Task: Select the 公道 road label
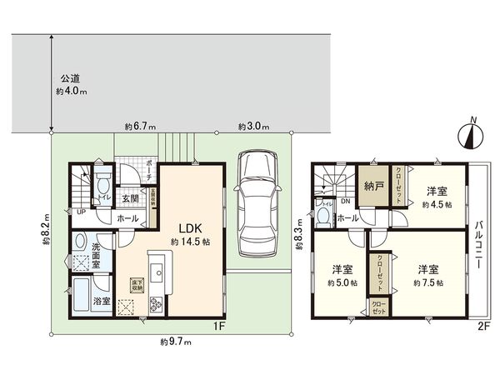click(70, 78)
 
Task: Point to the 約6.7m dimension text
click(139, 127)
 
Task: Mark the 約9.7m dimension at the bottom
click(176, 342)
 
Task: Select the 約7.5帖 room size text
click(430, 282)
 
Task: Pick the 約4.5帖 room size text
click(435, 202)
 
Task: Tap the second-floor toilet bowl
click(323, 215)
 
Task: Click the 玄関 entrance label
click(131, 198)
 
